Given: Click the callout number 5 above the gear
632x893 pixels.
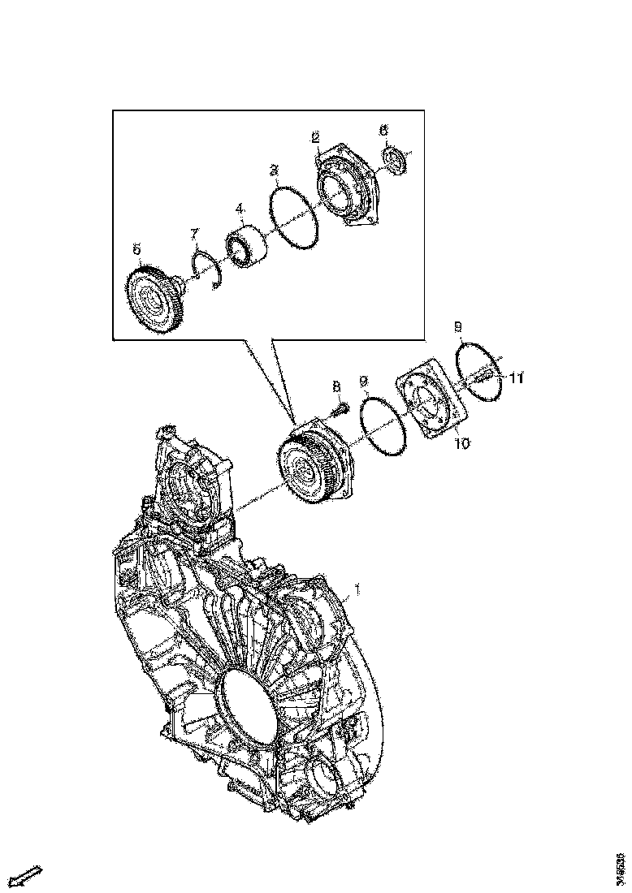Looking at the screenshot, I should pyautogui.click(x=137, y=248).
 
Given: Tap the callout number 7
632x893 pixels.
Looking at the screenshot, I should pyautogui.click(x=195, y=234).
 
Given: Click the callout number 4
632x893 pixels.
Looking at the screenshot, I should pyautogui.click(x=240, y=209).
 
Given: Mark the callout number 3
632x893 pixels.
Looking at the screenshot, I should pyautogui.click(x=275, y=170).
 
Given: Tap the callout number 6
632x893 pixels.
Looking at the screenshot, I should pyautogui.click(x=384, y=130).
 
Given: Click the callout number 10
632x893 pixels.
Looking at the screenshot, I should pyautogui.click(x=461, y=443).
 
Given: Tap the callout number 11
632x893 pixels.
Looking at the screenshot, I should pyautogui.click(x=517, y=378).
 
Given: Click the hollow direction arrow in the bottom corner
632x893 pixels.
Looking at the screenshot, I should pyautogui.click(x=28, y=875).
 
